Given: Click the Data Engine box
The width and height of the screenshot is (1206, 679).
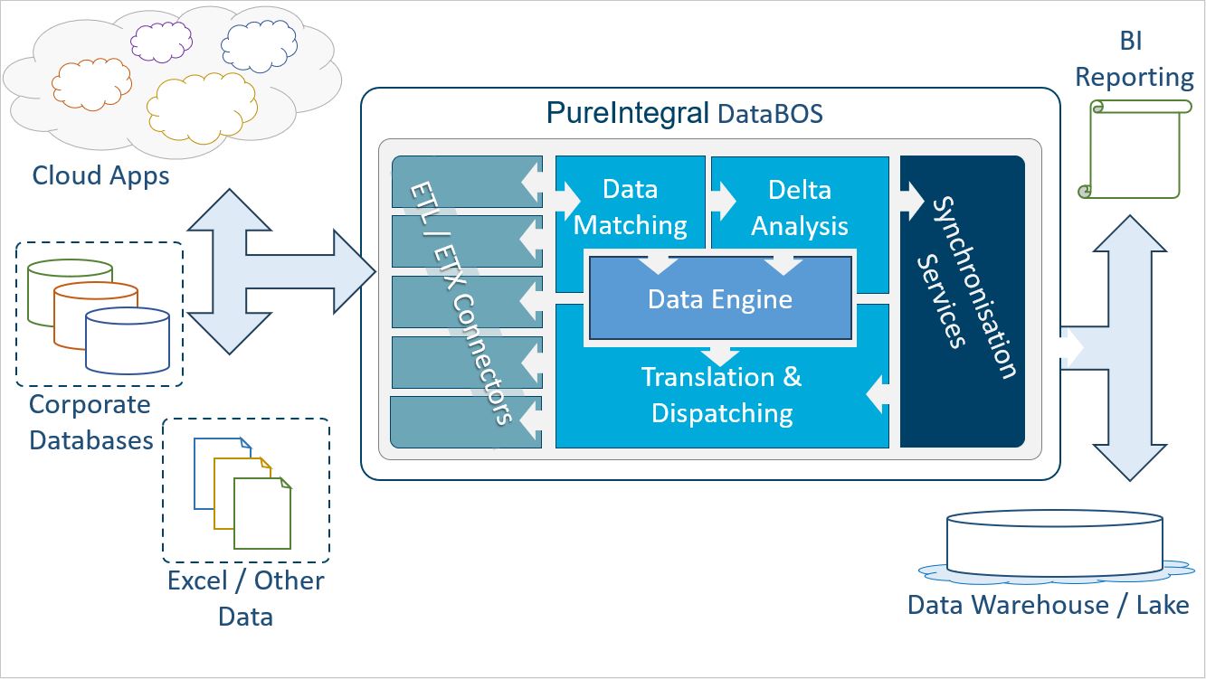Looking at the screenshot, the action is tap(720, 298).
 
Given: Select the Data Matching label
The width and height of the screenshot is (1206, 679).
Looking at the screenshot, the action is tap(630, 207).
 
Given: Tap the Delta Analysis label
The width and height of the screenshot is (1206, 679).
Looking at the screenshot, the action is tap(800, 208).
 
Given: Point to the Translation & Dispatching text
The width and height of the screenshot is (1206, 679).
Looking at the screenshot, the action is tap(721, 395).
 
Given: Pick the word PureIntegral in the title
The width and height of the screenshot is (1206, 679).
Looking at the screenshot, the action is tap(628, 113).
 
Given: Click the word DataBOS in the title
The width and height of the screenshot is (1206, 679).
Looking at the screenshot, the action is tap(771, 114).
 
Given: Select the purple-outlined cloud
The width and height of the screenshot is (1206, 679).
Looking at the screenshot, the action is tap(161, 42).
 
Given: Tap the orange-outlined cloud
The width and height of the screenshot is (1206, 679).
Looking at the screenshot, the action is tap(91, 84).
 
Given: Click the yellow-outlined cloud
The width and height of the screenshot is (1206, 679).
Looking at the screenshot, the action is tap(202, 108).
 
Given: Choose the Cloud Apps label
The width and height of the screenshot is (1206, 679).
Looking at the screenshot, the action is tap(100, 176).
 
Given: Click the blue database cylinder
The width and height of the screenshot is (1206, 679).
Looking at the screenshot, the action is tap(128, 341).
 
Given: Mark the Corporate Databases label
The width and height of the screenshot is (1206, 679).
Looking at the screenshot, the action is tap(90, 422).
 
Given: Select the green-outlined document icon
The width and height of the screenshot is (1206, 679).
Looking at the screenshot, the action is tap(262, 514).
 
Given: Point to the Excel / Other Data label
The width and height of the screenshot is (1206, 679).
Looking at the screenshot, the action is tap(245, 599).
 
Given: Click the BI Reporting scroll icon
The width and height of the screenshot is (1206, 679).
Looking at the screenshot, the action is tap(1135, 149).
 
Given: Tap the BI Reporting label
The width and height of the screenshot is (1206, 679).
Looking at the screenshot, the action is tap(1134, 59).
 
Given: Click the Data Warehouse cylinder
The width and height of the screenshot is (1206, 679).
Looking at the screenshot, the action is tap(1054, 543).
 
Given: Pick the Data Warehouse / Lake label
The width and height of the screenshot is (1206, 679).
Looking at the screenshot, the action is tap(1049, 605).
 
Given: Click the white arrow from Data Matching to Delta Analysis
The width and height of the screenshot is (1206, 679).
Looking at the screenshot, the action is tap(723, 202).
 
